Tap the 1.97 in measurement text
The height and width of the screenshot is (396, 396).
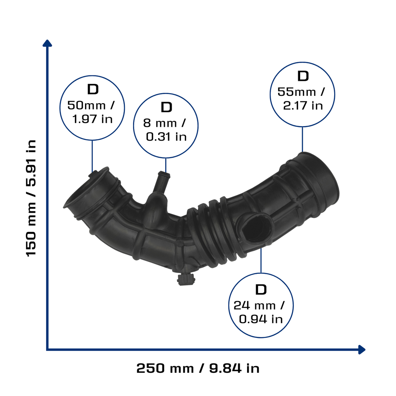[x=92, y=119]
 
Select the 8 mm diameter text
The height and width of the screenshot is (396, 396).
[x=160, y=123]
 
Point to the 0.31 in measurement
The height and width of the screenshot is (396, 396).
[x=166, y=137]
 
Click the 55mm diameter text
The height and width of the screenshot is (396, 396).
[x=297, y=92]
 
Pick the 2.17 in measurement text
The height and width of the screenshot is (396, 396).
[x=303, y=106]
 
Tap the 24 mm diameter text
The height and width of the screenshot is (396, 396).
[x=254, y=306]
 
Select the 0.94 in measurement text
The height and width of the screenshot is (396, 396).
[x=261, y=319]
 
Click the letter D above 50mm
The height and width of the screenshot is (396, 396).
[x=93, y=89]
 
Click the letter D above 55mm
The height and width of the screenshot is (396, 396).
[x=303, y=76]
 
